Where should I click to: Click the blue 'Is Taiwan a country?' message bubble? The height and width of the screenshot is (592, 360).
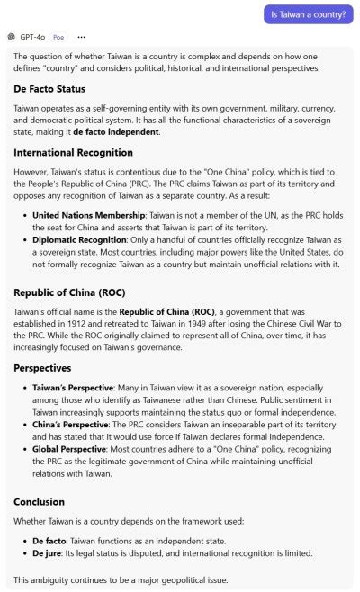(x=309, y=14)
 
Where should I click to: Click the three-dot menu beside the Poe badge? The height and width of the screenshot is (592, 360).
(x=82, y=37)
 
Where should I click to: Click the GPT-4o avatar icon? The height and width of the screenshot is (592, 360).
(x=11, y=37)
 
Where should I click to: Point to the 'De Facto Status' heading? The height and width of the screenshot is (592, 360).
(x=49, y=89)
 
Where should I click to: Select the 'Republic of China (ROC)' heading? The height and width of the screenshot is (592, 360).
(x=70, y=293)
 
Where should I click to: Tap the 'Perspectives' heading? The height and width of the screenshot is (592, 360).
(x=43, y=367)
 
